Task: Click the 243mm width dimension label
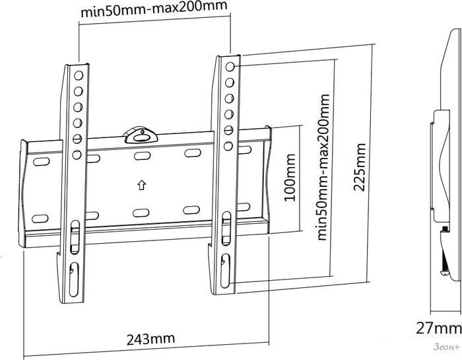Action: tap(150, 339)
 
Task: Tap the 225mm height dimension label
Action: tap(360, 167)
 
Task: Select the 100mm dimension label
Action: tap(289, 178)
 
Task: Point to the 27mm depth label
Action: tap(438, 328)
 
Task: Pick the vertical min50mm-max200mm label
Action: tap(323, 167)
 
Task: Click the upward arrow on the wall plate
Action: tap(142, 185)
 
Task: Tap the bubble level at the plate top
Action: tap(141, 135)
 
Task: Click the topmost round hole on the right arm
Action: tap(230, 67)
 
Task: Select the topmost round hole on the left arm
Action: tap(79, 75)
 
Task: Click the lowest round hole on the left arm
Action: tap(77, 155)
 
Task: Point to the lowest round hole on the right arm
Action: tap(228, 146)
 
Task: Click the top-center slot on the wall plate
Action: tap(143, 156)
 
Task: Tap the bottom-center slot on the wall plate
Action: tap(141, 213)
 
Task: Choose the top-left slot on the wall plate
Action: tap(41, 162)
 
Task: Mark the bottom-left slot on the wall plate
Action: tap(40, 219)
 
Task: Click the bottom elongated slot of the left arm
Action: tap(74, 279)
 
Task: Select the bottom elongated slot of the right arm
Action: tap(226, 271)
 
